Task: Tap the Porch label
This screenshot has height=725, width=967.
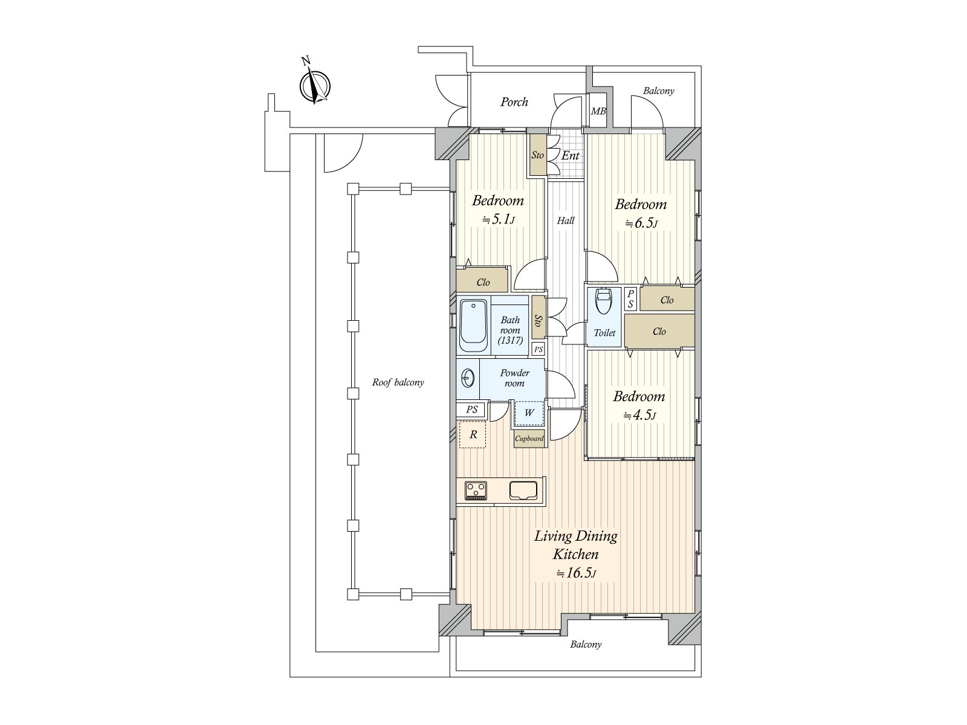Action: (x=514, y=102)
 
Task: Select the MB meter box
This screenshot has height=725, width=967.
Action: (x=598, y=111)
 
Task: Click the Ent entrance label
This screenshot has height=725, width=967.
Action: (x=570, y=156)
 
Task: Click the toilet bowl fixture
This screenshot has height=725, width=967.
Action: (x=604, y=301)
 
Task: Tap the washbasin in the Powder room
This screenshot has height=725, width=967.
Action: (x=467, y=379)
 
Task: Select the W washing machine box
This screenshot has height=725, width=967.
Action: (x=529, y=413)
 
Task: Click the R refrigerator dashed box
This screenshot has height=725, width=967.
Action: (x=473, y=434)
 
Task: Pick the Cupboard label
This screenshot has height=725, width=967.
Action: (x=529, y=439)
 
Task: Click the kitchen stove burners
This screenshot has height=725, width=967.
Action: (x=476, y=489)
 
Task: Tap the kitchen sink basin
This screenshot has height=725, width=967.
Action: (x=523, y=490)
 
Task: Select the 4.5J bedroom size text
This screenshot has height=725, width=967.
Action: (x=639, y=416)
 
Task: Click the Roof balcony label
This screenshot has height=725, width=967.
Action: (x=398, y=382)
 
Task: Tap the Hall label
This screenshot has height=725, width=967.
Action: (x=566, y=221)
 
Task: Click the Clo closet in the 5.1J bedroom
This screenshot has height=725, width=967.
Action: (x=482, y=282)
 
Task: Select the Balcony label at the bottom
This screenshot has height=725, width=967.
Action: (x=586, y=645)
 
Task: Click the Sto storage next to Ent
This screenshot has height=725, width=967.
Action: (x=537, y=155)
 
